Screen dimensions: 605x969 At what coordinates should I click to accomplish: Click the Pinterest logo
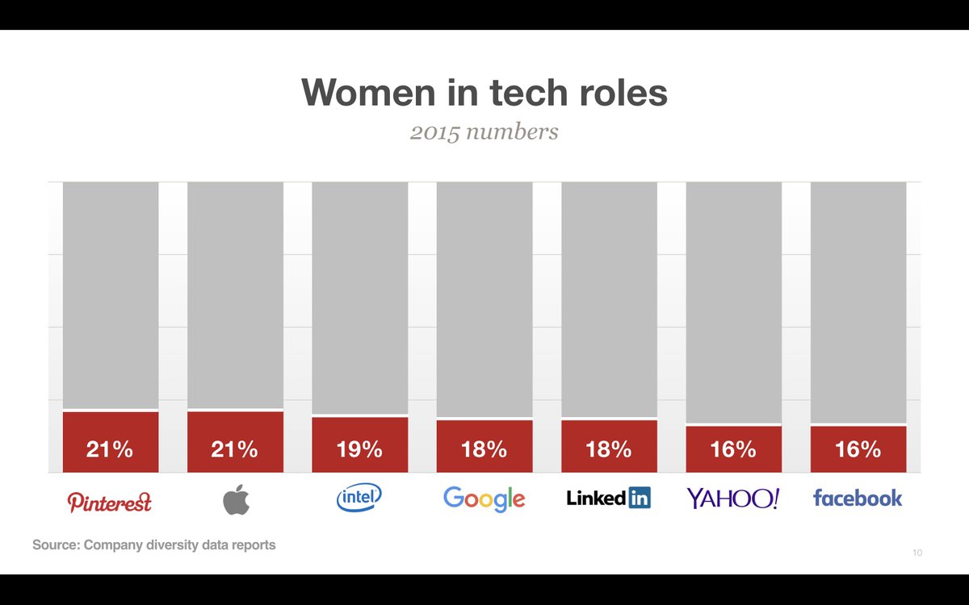click(x=110, y=502)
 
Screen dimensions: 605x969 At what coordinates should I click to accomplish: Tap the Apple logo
click(x=236, y=499)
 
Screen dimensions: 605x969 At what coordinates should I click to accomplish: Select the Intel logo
click(x=359, y=498)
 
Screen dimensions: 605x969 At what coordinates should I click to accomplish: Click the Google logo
click(x=484, y=499)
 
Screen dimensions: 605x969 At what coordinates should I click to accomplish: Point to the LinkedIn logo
click(x=608, y=499)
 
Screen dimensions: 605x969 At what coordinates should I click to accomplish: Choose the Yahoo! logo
click(x=733, y=499)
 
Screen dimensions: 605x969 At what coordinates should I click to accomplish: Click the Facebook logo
click(x=858, y=498)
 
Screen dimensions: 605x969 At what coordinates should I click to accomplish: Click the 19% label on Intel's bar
click(x=359, y=449)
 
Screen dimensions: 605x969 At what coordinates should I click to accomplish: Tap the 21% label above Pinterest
click(x=110, y=449)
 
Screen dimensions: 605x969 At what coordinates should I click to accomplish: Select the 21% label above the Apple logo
click(x=235, y=449)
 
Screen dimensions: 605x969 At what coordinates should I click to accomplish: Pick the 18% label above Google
click(x=484, y=449)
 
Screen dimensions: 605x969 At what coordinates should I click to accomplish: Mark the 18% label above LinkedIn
click(x=609, y=449)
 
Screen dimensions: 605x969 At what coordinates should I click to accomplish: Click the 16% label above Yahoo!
click(x=733, y=449)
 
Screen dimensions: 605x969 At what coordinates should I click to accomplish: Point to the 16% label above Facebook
click(x=858, y=449)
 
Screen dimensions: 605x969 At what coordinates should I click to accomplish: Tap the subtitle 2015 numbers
click(x=484, y=131)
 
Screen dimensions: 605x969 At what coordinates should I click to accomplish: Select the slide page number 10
click(x=917, y=553)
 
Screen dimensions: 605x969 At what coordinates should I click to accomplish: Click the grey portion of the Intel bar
click(x=359, y=298)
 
